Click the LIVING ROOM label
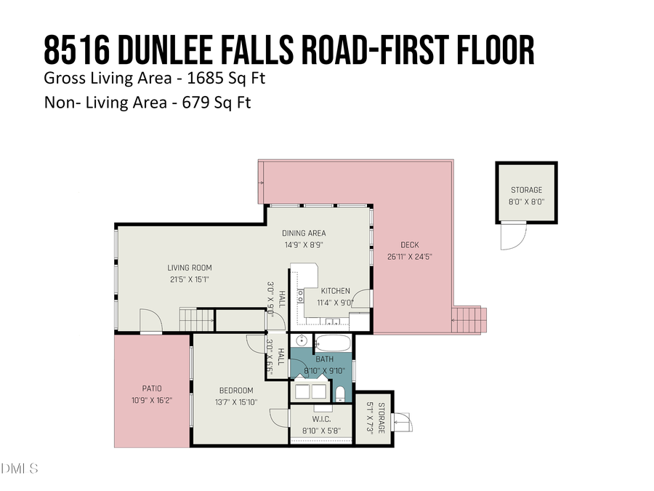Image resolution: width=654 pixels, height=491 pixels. [x=189, y=268]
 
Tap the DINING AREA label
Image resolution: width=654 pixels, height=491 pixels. [x=304, y=233]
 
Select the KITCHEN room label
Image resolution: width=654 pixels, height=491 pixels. [x=334, y=290]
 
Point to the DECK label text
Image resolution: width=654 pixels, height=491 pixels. [x=409, y=245]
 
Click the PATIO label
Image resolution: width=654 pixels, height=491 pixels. [x=152, y=388]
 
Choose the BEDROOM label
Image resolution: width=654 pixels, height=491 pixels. [x=236, y=391]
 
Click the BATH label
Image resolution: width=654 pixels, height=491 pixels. [x=323, y=359]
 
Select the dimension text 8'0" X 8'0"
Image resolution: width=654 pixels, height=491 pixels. [x=527, y=201]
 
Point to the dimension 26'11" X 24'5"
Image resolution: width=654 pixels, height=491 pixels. [x=410, y=256]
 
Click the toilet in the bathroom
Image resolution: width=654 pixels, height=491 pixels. [x=339, y=394]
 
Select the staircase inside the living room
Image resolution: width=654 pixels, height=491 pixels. [x=197, y=319]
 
